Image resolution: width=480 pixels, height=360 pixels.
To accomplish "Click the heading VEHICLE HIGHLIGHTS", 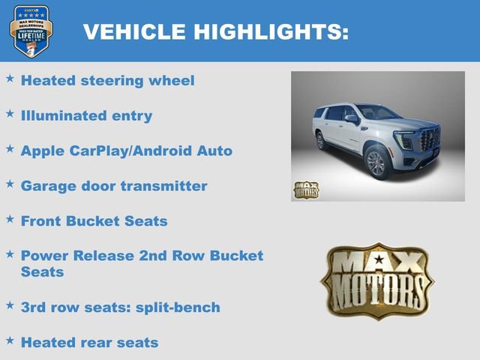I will [215, 31].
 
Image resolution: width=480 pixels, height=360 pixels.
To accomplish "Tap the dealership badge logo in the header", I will [30, 31].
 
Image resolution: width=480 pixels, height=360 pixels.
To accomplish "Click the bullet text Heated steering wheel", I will [107, 80].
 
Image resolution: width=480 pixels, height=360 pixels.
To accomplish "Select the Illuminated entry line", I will [86, 115].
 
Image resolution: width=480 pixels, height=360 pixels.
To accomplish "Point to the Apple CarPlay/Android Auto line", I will [126, 151].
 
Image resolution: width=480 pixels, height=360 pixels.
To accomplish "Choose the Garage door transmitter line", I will [114, 185].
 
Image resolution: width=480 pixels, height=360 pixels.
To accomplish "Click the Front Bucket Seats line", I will [94, 220].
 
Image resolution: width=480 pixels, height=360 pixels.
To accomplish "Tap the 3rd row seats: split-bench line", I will [120, 307].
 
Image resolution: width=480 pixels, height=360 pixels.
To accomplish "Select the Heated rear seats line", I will [89, 342].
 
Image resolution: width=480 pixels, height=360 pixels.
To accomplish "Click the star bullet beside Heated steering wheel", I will [10, 78].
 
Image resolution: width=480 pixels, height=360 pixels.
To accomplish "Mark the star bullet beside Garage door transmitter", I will [10, 183].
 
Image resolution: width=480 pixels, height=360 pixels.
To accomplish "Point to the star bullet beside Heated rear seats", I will [10, 340].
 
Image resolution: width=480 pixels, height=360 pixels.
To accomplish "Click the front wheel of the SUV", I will [376, 163].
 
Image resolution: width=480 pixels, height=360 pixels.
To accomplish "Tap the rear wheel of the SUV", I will [321, 140].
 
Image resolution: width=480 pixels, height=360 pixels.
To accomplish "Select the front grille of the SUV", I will [430, 139].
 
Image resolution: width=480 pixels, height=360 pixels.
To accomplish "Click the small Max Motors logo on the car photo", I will [306, 190].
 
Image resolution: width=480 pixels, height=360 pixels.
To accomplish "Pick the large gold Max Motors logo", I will [377, 280].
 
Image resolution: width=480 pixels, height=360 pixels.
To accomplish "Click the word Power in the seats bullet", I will [45, 255].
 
